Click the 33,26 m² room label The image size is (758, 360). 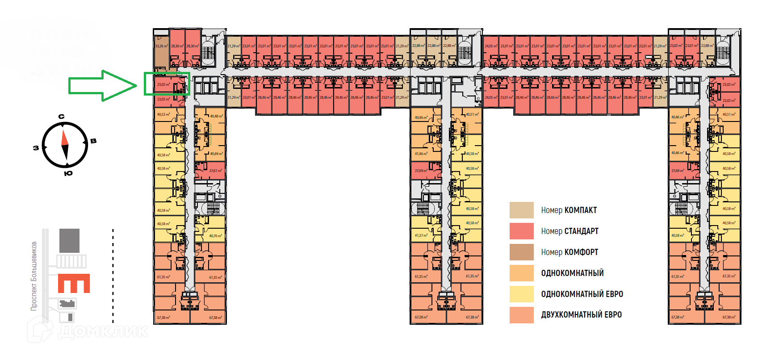(x=161, y=46)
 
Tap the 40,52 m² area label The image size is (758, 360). (x=163, y=114)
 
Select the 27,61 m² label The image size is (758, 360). (x=215, y=171)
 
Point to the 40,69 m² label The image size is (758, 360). (x=217, y=154)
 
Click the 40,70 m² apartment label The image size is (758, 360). (x=215, y=236)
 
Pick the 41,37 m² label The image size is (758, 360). (x=421, y=235)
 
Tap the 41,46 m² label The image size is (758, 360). (x=421, y=154)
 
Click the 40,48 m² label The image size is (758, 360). (x=216, y=116)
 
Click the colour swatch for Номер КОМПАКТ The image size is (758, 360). (x=521, y=210)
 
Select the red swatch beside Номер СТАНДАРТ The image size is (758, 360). (x=521, y=231)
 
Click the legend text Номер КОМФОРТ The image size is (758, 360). (x=569, y=252)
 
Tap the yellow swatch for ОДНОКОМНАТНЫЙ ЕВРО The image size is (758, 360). (x=521, y=294)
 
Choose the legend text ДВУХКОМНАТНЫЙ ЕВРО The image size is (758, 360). (x=581, y=315)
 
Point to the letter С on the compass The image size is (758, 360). (x=62, y=117)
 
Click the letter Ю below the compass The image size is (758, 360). (x=68, y=173)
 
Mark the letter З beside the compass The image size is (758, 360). (x=36, y=148)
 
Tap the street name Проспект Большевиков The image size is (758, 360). (x=34, y=276)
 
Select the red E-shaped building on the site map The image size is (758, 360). (x=74, y=283)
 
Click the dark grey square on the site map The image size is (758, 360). (x=69, y=241)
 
